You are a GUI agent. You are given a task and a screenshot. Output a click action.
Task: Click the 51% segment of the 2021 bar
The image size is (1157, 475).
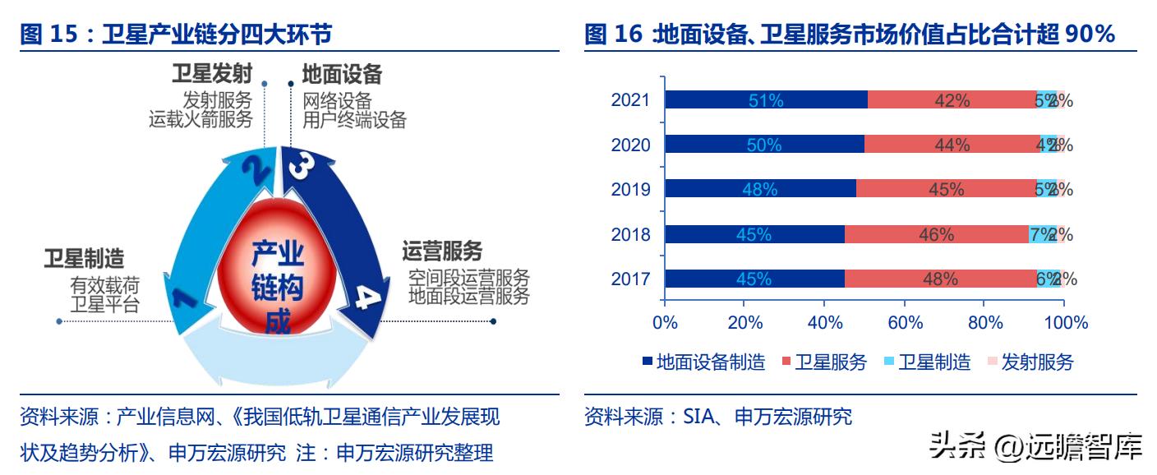pyautogui.click(x=765, y=100)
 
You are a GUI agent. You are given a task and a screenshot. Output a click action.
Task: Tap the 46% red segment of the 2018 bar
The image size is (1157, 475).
pyautogui.click(x=936, y=235)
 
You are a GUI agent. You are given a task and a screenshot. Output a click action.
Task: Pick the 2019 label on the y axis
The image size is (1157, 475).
pyautogui.click(x=630, y=190)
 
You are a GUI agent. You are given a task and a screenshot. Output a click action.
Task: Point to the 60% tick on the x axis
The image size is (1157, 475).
pyautogui.click(x=905, y=323)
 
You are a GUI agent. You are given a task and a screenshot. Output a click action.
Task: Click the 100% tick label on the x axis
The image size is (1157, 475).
pyautogui.click(x=1066, y=323)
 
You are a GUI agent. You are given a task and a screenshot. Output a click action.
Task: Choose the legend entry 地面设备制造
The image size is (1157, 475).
pyautogui.click(x=703, y=362)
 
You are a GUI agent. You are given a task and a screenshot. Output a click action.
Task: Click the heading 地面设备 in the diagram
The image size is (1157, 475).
pyautogui.click(x=342, y=75)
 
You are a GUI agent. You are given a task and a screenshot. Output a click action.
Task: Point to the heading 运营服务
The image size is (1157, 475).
pyautogui.click(x=442, y=251)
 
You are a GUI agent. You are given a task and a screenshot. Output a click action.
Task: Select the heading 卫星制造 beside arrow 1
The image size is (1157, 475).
pyautogui.click(x=84, y=259)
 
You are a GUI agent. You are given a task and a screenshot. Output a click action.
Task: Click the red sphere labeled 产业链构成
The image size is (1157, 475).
pyautogui.click(x=277, y=271)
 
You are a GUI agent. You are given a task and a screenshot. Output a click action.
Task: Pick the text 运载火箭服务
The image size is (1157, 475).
pyautogui.click(x=201, y=120)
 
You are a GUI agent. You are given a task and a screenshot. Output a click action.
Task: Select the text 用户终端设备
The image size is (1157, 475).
pyautogui.click(x=354, y=120)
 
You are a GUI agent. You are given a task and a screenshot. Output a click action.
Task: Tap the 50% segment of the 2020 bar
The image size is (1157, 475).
pyautogui.click(x=763, y=145)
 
